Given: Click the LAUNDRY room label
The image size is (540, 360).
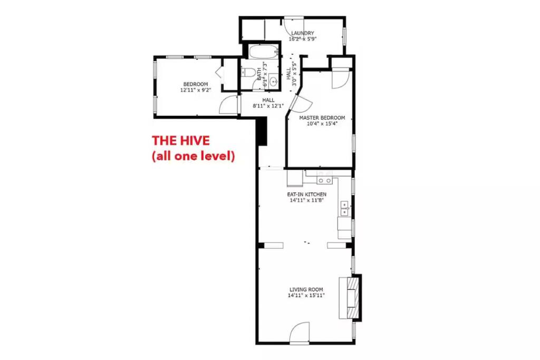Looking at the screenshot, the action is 302,33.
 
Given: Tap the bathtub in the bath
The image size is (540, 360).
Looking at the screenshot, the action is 264,52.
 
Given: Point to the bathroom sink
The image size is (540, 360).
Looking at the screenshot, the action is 274,82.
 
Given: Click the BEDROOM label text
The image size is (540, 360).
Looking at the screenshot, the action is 196,84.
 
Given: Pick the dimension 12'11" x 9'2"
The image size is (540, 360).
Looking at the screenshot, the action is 196,90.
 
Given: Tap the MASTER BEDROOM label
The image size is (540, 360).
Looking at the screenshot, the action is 322,118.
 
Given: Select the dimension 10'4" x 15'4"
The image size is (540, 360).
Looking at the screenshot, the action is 322,123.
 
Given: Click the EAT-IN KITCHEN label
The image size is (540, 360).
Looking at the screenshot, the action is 307,194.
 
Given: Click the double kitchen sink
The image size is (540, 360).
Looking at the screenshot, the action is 345,209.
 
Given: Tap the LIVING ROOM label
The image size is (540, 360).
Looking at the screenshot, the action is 306,289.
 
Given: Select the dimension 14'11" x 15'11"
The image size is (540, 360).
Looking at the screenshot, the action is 306,295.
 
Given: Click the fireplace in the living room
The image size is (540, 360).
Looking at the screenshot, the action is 351,298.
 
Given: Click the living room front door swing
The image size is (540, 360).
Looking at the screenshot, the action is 300,333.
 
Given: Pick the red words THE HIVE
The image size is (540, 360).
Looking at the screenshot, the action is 181,141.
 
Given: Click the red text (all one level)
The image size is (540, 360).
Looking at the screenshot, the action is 194,156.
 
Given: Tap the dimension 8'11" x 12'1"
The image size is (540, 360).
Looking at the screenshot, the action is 268,106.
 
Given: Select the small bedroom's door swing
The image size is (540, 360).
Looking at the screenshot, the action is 228,104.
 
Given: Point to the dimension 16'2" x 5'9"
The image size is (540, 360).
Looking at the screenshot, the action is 302,39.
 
